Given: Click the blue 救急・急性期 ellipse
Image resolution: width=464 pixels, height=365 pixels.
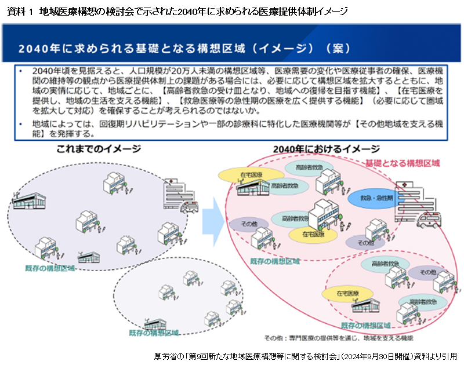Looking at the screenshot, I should (x=376, y=198).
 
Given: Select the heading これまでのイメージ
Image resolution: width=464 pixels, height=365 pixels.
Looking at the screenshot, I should (x=99, y=149).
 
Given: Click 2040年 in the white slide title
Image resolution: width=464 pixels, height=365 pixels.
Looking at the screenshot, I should (x=35, y=48).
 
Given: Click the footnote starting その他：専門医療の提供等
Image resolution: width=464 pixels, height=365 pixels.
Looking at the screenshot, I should (x=339, y=337).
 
